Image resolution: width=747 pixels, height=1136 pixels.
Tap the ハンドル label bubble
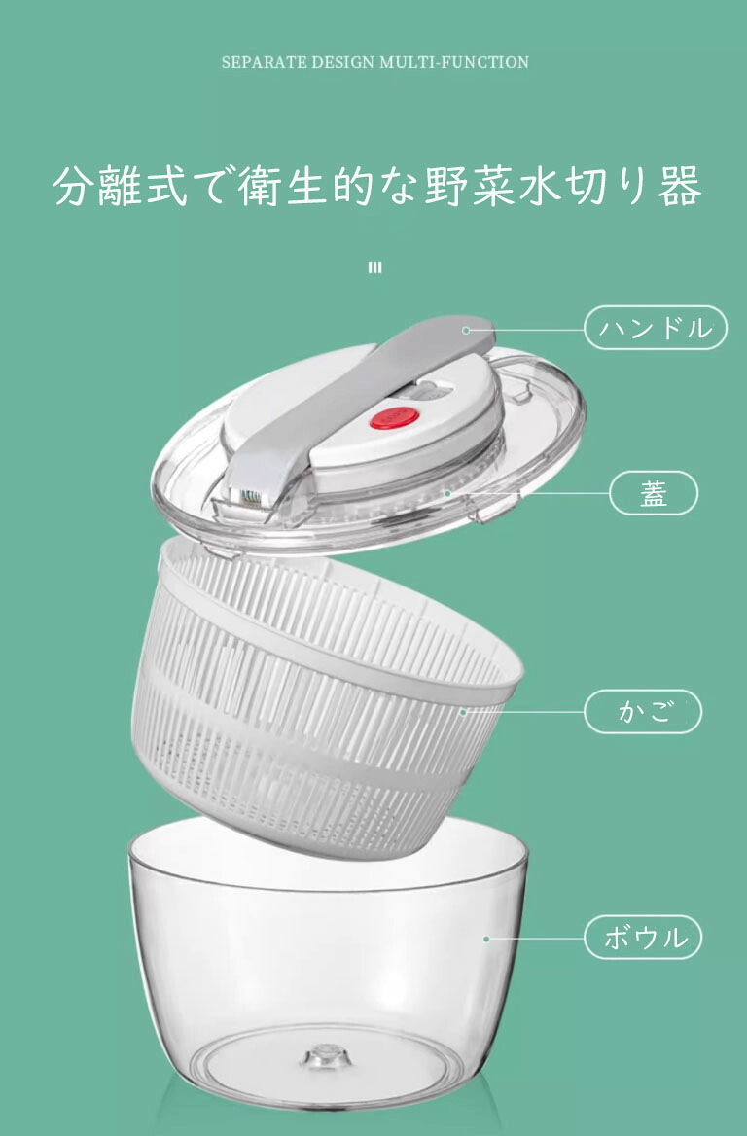(655, 328)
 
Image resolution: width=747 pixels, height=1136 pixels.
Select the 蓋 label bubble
(654, 493)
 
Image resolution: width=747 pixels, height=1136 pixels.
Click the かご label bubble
(643, 711)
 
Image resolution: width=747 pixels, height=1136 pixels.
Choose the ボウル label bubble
(643, 938)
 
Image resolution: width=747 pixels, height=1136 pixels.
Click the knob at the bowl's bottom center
(326, 1057)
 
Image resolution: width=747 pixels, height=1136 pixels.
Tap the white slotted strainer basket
(325, 697)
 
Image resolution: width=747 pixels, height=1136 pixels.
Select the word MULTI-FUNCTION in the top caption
(454, 62)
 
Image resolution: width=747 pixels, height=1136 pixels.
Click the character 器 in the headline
(680, 186)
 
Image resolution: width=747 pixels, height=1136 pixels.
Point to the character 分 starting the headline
(74, 186)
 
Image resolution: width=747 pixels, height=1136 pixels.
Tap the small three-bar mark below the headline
(374, 267)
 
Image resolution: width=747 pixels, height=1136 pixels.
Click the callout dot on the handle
(466, 331)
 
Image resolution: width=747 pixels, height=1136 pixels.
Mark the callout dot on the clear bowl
(486, 939)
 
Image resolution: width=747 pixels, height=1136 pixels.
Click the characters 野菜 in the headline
(470, 186)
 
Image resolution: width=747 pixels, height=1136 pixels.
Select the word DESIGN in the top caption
(343, 62)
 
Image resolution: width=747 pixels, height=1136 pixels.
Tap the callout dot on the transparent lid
(447, 494)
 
